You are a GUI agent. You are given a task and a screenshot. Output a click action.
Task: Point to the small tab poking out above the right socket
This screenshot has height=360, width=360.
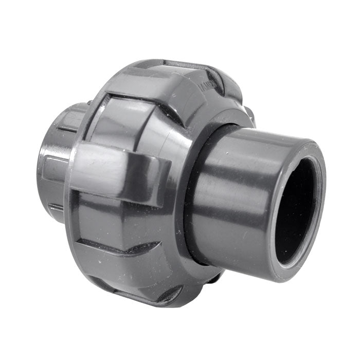(249, 116)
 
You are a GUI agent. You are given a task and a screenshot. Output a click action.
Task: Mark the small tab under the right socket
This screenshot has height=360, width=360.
(216, 278)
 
